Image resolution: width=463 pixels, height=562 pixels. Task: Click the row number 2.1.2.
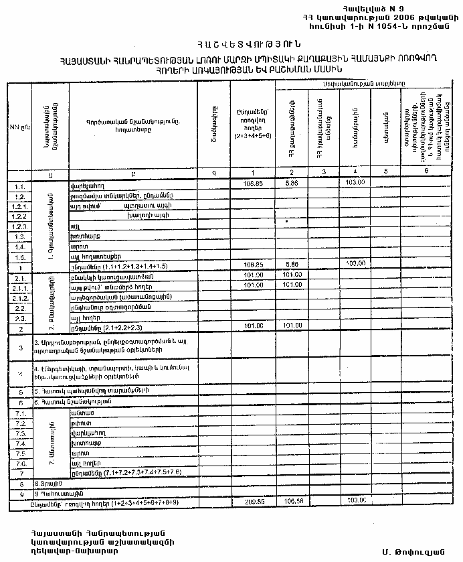tap(21, 296)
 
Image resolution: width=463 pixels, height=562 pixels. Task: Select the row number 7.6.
tap(21, 464)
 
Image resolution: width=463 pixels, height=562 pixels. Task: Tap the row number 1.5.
tap(21, 257)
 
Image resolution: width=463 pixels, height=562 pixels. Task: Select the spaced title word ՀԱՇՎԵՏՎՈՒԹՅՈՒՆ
tap(231, 46)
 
